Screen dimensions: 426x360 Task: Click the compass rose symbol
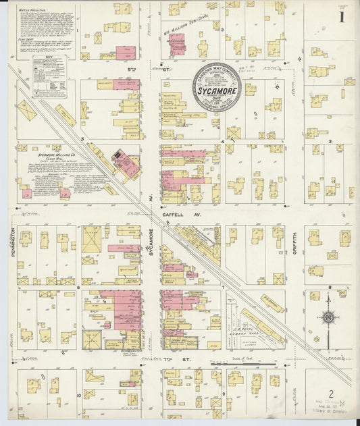[x=328, y=317]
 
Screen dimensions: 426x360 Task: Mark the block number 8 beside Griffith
[x=329, y=288]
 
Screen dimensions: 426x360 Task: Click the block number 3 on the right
[x=330, y=141]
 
